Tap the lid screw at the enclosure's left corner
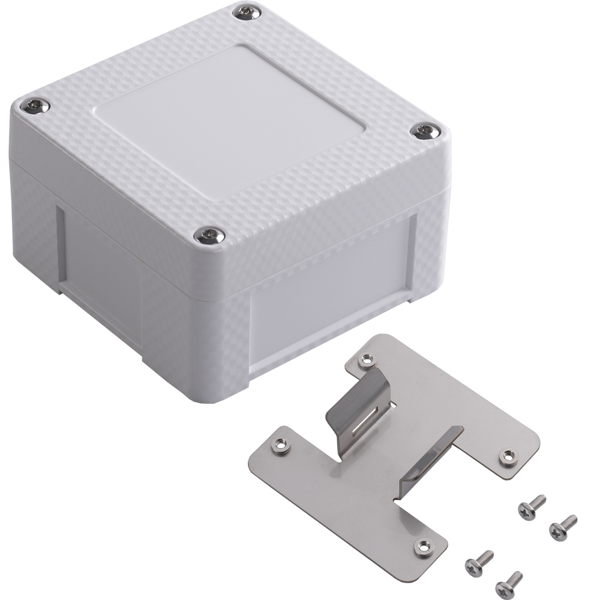[35, 106]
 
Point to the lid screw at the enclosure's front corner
[210, 235]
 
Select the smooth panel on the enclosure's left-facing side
[102, 258]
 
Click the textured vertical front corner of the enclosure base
[225, 348]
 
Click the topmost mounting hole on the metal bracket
[365, 361]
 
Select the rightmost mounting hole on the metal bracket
[509, 457]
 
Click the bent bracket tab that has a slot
[360, 402]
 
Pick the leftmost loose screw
[479, 562]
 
